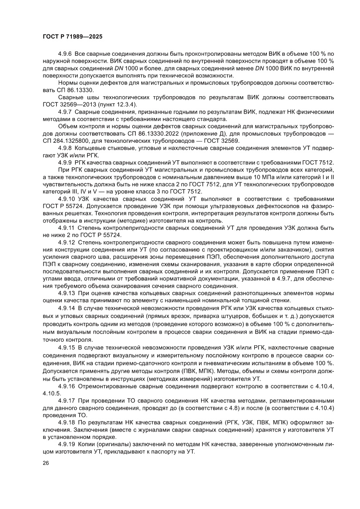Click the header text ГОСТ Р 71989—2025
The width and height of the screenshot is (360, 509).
tap(72, 37)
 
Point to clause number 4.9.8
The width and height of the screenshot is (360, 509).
tap(65, 148)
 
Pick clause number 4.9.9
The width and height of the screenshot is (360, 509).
tap(65, 162)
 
